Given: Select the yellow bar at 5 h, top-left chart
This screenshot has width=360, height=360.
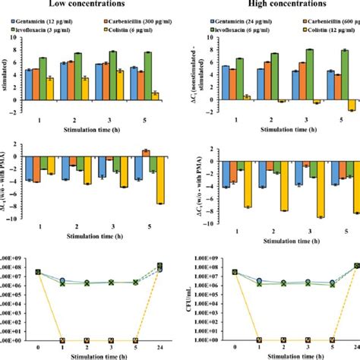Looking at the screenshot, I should click(x=155, y=95).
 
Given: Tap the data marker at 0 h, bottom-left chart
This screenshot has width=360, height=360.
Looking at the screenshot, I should click(x=38, y=272).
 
